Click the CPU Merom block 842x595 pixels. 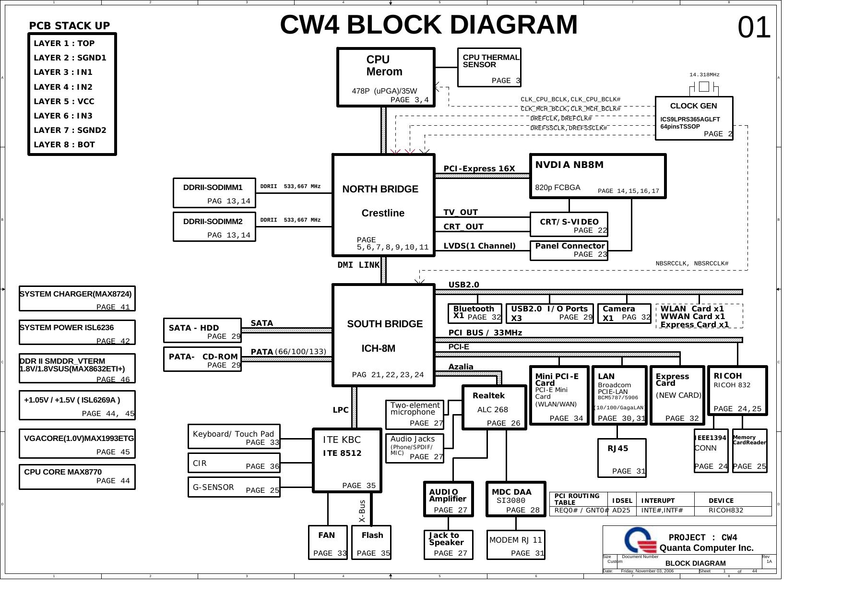(386, 77)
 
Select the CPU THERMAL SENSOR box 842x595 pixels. (489, 67)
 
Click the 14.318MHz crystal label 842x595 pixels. (704, 75)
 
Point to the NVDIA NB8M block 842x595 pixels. (597, 176)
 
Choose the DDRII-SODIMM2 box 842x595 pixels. (214, 226)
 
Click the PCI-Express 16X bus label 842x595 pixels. (479, 169)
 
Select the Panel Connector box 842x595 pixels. (569, 250)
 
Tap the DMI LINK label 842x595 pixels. (358, 265)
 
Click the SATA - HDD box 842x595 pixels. (202, 332)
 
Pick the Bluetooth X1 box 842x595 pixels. (474, 313)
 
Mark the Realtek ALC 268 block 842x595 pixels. (494, 407)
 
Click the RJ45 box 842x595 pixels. (622, 458)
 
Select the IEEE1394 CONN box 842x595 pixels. (711, 450)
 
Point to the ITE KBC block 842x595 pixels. (347, 460)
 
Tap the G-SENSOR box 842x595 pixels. (234, 488)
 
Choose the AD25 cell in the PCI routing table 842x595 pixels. (621, 511)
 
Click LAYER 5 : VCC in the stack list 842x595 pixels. (64, 101)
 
